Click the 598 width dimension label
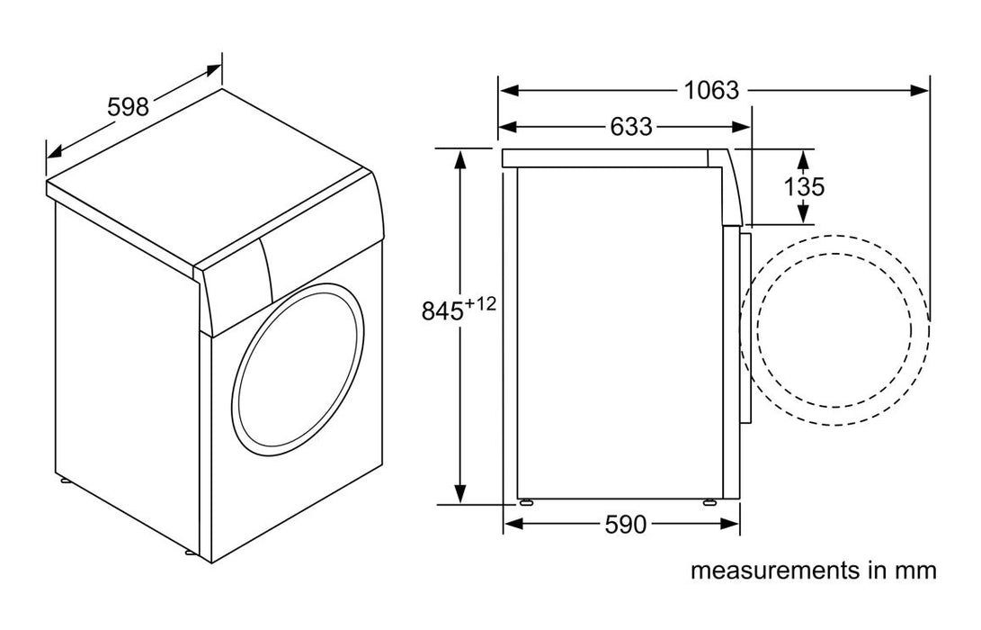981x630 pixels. click(128, 106)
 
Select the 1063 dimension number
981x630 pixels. click(710, 90)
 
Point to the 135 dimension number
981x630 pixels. click(804, 186)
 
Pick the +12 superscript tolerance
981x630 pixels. click(481, 303)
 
